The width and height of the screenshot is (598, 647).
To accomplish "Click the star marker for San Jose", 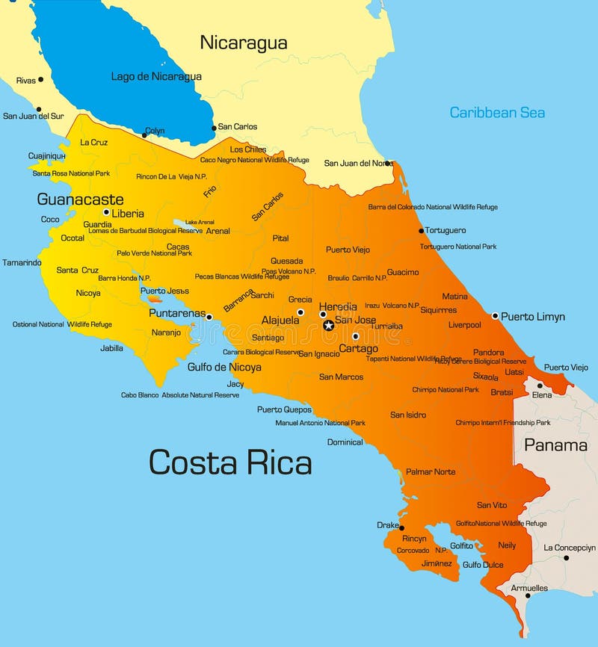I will point(328,325).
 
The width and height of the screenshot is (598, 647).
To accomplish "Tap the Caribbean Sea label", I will point(497,113).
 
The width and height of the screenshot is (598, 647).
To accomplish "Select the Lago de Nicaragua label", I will point(156,76).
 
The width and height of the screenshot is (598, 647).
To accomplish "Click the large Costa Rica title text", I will point(230,462).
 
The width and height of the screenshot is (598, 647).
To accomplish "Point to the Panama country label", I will point(555,445).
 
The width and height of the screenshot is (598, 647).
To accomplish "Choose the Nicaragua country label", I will point(244,43).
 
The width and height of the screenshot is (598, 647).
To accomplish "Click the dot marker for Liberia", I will point(106,212).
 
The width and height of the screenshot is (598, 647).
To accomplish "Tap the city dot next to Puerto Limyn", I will point(495,316).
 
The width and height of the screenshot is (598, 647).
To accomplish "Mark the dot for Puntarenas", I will point(209,317).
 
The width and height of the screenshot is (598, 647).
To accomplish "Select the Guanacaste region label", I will point(80,199).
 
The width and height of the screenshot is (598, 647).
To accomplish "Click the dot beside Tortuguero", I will point(422,231).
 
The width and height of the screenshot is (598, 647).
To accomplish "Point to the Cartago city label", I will point(358,349).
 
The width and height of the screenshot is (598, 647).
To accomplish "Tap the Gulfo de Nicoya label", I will point(224,367).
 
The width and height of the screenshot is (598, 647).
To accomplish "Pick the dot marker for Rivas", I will point(40,79).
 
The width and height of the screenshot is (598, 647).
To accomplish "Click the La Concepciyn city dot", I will point(566,557).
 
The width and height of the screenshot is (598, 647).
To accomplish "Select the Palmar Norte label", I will point(431,471).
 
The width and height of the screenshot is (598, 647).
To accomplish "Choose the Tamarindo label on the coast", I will point(22,262).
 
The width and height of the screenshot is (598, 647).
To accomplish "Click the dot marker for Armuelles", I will point(528,595).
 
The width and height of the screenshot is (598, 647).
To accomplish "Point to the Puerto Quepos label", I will point(284,409).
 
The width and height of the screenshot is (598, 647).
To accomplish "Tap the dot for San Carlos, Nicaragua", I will point(214,128).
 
